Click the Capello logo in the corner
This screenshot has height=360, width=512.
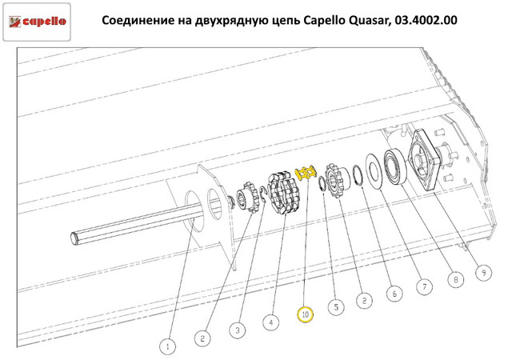coord(37,22)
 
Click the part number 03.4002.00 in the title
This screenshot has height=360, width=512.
coord(426,20)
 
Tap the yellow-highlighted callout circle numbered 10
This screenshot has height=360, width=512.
coord(305,314)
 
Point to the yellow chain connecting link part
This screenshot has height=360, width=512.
coord(306,173)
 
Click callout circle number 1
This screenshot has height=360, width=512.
coord(168,346)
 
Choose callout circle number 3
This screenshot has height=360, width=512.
coord(238,330)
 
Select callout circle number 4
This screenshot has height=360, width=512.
coord(271,322)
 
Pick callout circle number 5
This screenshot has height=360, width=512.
coord(336,306)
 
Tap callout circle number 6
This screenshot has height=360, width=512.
coord(394,293)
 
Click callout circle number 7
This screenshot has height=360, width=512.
coord(425,286)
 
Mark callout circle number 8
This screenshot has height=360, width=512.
coord(456,279)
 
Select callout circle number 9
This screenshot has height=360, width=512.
coord(484,272)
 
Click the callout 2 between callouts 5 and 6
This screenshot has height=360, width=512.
coord(365,300)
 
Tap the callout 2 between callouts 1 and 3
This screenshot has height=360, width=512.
coord(202,338)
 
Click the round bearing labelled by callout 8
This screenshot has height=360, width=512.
coord(395,166)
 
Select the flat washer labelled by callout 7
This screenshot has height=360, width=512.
coord(374,170)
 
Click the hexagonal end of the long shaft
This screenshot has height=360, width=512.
coord(74,238)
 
